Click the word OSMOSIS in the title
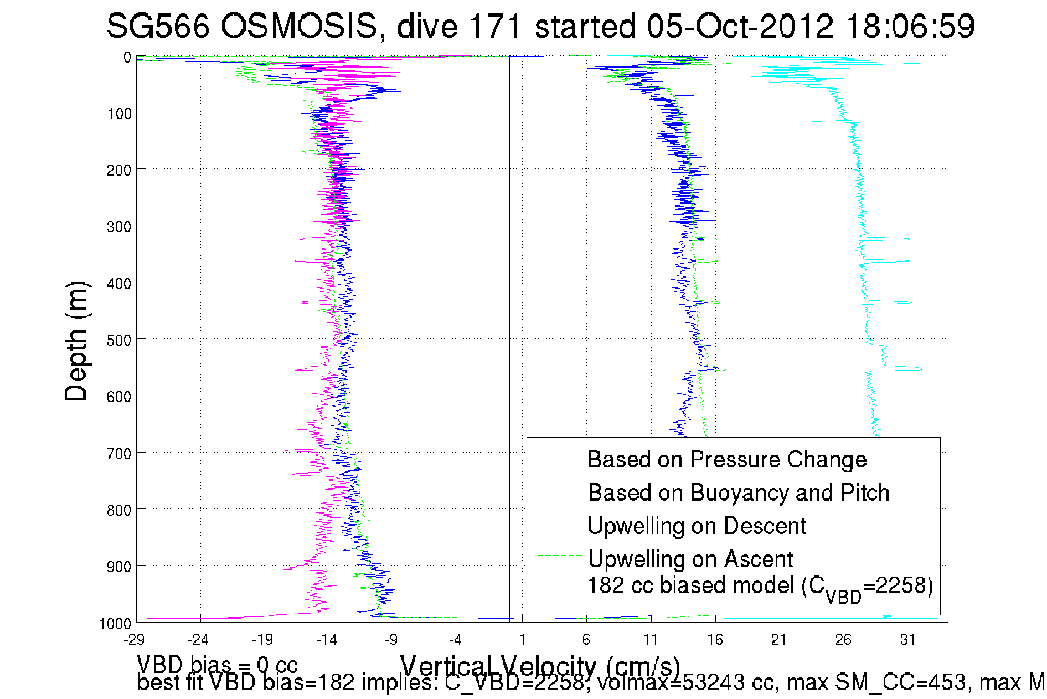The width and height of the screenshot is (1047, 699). pos(298,27)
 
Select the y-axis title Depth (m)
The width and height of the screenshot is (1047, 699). pos(76,342)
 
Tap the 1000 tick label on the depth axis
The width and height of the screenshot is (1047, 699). pos(115,624)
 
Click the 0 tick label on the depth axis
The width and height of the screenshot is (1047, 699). pos(127,58)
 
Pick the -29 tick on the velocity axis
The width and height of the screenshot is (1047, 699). pos(134,640)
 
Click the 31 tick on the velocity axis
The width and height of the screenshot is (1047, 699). pos(907,640)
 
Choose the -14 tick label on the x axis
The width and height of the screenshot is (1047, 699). pos(327,640)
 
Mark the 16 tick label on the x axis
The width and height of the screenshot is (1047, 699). pos(715,640)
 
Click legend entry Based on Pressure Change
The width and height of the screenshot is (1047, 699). pos(727,460)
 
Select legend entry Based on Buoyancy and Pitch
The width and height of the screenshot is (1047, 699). pos(738,493)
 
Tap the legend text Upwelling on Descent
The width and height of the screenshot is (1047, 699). pos(697,526)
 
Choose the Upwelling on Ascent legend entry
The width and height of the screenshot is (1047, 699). pos(690,559)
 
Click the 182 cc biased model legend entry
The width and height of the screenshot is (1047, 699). pos(760,587)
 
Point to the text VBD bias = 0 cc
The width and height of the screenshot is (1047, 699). pos(217,665)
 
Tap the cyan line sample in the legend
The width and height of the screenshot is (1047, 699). pos(559,489)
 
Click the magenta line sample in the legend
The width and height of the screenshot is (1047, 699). pos(559,522)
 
